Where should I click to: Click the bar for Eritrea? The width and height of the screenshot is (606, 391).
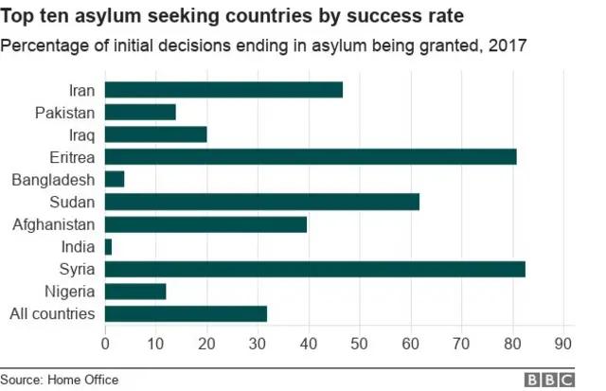click(311, 157)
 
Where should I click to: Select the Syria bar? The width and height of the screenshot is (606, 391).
click(314, 269)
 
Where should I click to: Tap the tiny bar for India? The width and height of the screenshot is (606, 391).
click(108, 246)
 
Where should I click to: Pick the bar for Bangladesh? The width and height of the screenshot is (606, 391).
click(115, 179)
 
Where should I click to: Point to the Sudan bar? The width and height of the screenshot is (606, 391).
click(261, 202)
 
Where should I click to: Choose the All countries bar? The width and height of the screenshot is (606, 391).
click(186, 313)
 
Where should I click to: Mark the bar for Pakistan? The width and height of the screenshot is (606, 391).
click(140, 112)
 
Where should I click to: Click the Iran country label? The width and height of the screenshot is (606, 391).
click(81, 90)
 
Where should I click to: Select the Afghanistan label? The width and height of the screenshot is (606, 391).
click(54, 224)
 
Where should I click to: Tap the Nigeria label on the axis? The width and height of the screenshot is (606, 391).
click(70, 292)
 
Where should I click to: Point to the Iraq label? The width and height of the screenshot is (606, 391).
click(82, 134)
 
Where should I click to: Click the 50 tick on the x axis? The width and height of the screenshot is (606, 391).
click(360, 342)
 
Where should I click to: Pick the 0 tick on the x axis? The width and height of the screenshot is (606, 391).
click(105, 342)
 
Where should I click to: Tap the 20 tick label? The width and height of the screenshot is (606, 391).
click(206, 342)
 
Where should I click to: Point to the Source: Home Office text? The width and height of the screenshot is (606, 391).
click(59, 379)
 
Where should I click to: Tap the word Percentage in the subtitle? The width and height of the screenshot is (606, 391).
click(44, 44)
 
